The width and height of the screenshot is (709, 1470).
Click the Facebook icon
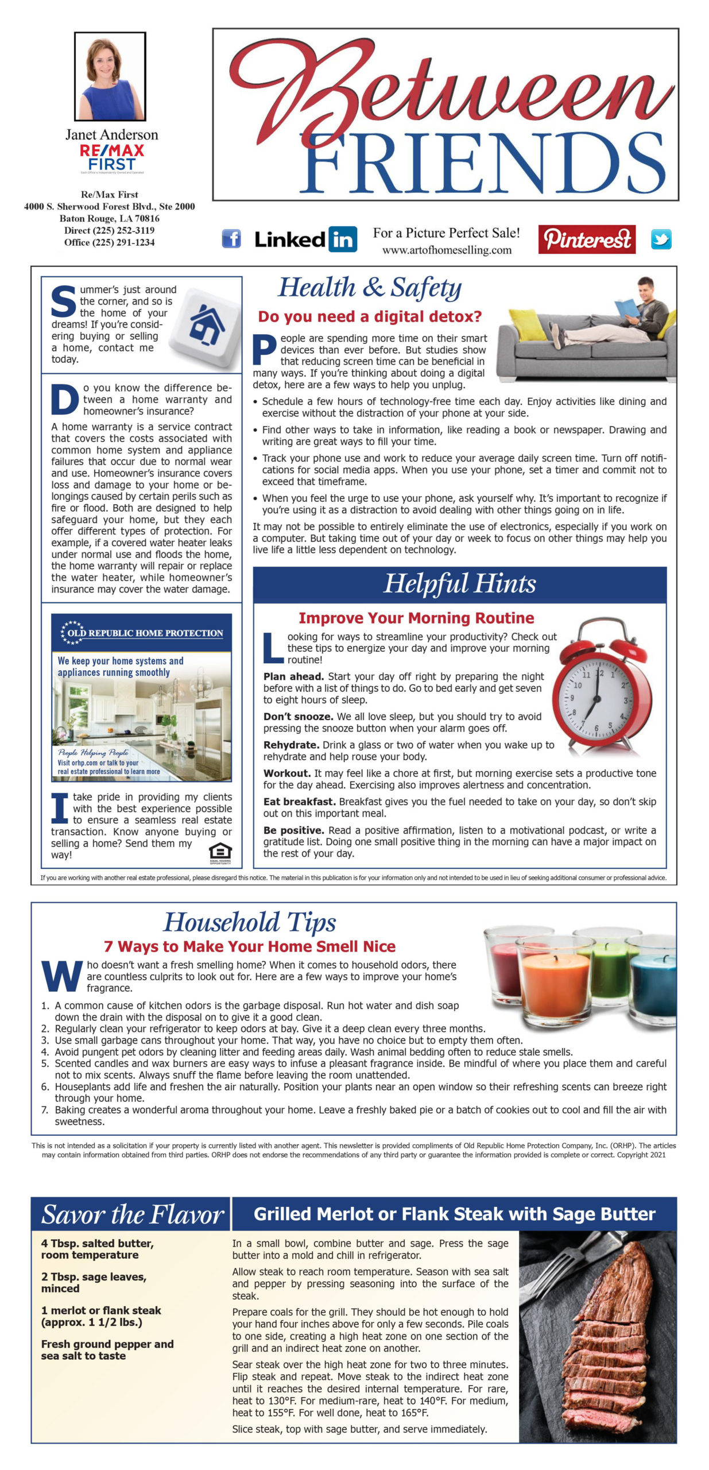pyautogui.click(x=231, y=238)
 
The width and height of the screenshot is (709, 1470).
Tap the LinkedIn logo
pyautogui.click(x=305, y=239)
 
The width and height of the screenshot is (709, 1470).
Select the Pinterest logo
pyautogui.click(x=586, y=239)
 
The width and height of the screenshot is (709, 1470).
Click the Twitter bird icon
pyautogui.click(x=661, y=239)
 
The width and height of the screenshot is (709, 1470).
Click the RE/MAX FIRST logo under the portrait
pyautogui.click(x=112, y=157)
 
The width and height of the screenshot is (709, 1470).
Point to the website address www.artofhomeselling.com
pyautogui.click(x=447, y=250)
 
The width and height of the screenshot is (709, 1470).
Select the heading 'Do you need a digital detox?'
pyautogui.click(x=370, y=316)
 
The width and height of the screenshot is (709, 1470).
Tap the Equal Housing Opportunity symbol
pyautogui.click(x=220, y=853)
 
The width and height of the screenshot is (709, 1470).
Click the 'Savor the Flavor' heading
pyautogui.click(x=132, y=1214)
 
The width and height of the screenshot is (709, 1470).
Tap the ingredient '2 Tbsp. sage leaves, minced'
pyautogui.click(x=94, y=1282)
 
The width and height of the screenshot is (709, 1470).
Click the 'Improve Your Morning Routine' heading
pyautogui.click(x=416, y=618)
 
